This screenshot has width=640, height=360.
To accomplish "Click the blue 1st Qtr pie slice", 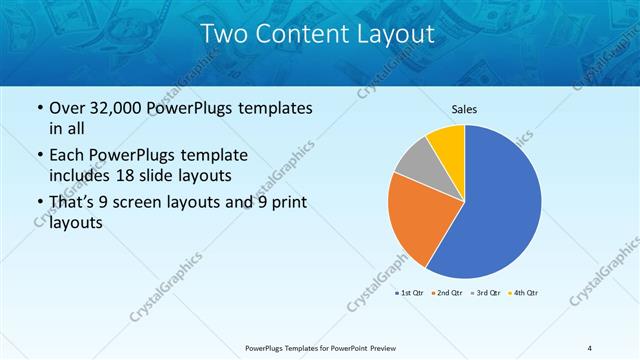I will (495, 210).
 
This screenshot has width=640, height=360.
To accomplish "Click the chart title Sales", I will (463, 108).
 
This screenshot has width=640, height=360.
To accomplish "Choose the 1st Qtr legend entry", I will (410, 292).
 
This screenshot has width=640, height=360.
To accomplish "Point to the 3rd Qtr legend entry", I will (487, 292).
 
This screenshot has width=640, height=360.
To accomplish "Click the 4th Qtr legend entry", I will (524, 292).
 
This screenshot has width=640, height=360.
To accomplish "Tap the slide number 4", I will (590, 348).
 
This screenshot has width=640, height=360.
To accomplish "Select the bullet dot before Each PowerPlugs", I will (38, 157).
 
